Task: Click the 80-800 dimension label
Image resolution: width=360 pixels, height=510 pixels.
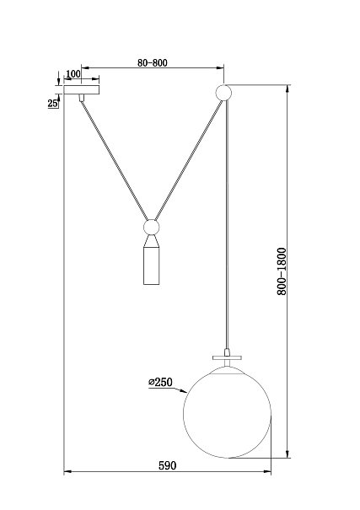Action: tap(153, 62)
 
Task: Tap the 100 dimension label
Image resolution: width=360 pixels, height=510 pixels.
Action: tap(73, 74)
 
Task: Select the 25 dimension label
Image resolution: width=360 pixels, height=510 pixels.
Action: tap(52, 104)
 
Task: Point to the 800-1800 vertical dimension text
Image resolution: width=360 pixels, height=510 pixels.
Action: tap(282, 271)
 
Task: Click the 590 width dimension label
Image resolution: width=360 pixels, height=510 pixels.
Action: tap(168, 466)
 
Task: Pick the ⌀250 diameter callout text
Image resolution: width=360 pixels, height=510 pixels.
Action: tap(161, 382)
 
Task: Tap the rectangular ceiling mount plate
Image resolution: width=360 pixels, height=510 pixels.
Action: tap(81, 89)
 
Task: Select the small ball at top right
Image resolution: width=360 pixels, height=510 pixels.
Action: tap(223, 93)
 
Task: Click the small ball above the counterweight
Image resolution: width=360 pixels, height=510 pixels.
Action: tap(152, 227)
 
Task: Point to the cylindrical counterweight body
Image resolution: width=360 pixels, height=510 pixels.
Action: tap(152, 265)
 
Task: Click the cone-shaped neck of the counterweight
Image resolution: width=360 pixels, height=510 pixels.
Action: tap(152, 240)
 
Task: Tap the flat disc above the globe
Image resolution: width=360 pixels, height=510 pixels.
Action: tap(228, 357)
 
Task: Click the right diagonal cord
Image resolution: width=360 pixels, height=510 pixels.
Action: tap(189, 160)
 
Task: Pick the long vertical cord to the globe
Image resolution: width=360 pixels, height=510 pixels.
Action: tap(227, 224)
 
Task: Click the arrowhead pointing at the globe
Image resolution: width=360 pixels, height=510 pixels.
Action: tap(184, 391)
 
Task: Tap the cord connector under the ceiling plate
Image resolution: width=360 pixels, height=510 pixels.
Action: tap(81, 98)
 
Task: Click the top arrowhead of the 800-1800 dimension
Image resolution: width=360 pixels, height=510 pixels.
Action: tap(287, 89)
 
